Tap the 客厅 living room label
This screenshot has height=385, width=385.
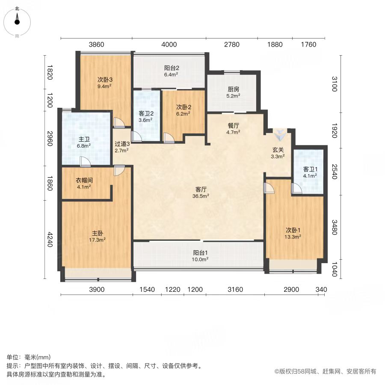click(201, 190)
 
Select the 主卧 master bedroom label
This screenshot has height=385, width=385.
click(98, 233)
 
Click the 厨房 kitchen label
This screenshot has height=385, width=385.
click(233, 89)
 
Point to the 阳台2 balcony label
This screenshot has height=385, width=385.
click(172, 68)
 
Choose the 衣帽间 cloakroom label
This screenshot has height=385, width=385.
click(84, 180)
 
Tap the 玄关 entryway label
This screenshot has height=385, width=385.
click(278, 150)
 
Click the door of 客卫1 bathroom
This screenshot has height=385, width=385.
click(296, 188)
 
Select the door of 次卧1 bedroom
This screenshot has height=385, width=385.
click(269, 188)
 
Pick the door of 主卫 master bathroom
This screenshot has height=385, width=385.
click(85, 162)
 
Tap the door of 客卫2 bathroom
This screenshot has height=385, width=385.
click(136, 136)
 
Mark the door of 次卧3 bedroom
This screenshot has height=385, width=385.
click(119, 123)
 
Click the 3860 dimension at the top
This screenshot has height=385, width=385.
click(97, 44)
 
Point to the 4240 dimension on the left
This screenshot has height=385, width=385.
click(50, 240)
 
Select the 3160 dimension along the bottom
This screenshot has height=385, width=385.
click(235, 290)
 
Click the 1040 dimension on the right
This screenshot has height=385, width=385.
click(335, 269)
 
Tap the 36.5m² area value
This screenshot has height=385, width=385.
click(201, 196)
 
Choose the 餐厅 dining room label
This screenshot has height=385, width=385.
click(233, 125)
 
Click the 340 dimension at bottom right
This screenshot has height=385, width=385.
click(321, 290)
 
